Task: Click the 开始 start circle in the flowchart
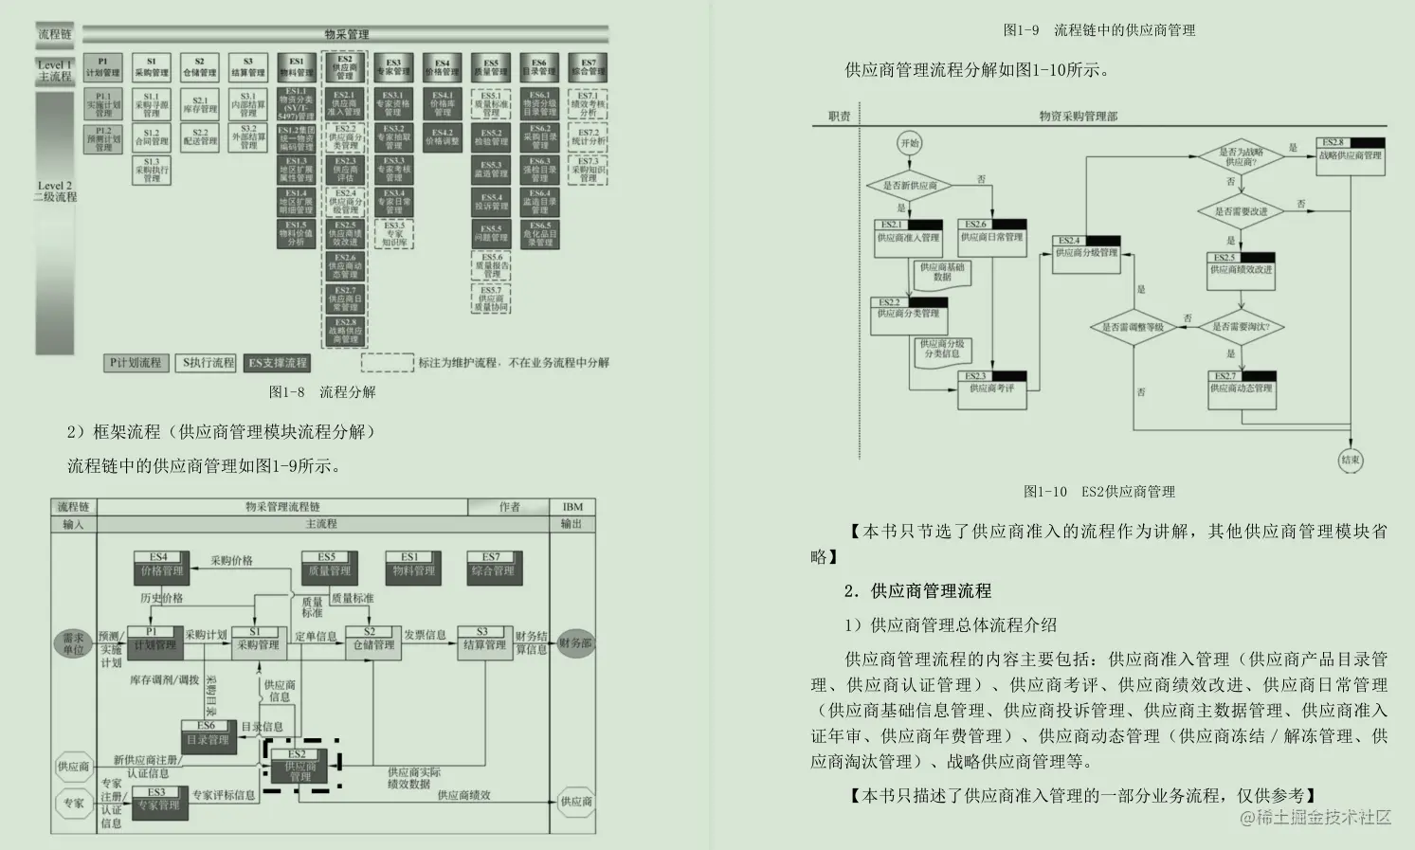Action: point(909,144)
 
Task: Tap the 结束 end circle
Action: point(1351,461)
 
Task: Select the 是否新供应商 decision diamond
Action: point(910,186)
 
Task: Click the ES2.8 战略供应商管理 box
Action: point(1352,155)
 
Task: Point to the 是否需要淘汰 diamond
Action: point(1241,327)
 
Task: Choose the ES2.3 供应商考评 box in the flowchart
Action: point(991,389)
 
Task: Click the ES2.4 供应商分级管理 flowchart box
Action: point(1087,253)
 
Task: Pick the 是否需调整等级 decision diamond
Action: point(1133,327)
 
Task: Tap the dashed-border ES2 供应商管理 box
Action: point(300,765)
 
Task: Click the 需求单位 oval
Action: point(73,643)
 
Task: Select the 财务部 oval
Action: point(575,643)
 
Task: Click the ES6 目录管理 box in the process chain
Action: point(208,736)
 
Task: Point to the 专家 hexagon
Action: point(74,803)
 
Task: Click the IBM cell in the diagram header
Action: point(572,507)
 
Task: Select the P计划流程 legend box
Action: point(136,363)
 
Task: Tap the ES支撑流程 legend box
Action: point(278,363)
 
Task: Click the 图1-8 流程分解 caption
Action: point(322,392)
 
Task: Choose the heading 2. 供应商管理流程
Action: point(917,591)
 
